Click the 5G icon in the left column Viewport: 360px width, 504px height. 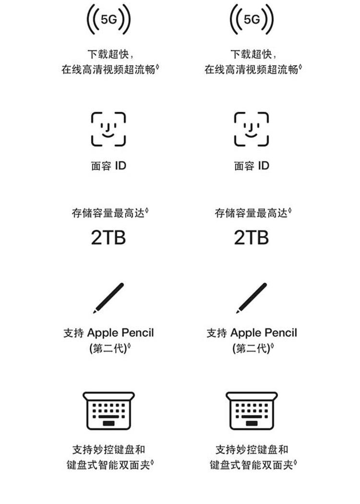tap(108, 19)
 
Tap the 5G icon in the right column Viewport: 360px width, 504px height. tap(252, 19)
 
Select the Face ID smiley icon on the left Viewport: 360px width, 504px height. tap(108, 129)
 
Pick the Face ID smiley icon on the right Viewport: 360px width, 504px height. tap(252, 129)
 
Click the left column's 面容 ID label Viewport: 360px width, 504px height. tap(108, 166)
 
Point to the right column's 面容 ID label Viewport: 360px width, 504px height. tap(252, 166)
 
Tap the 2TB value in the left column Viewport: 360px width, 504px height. tap(108, 238)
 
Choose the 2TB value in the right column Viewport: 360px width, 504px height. tap(252, 238)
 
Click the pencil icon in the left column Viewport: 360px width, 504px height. tap(109, 298)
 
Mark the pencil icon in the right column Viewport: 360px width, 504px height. tap(252, 298)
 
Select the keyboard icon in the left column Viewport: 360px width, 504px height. tap(108, 410)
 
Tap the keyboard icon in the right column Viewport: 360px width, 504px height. tap(252, 410)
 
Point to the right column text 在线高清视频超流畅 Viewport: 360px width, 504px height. tap(252, 69)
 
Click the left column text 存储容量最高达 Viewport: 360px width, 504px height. tap(108, 213)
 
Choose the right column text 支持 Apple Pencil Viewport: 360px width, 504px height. tap(252, 333)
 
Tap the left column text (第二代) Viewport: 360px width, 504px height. tap(108, 348)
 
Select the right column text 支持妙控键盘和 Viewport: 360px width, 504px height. tap(252, 450)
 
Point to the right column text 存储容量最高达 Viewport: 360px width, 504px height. tap(252, 213)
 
